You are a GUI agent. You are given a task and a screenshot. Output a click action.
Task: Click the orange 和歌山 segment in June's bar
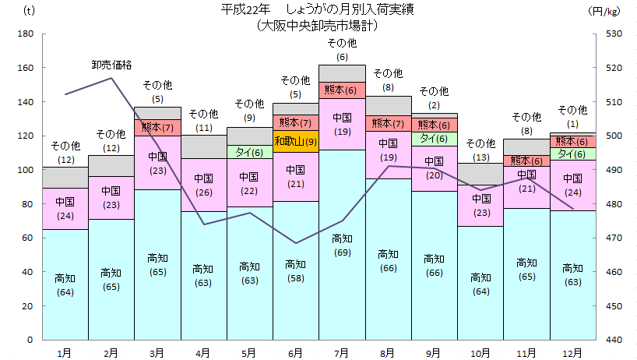pyautogui.click(x=295, y=141)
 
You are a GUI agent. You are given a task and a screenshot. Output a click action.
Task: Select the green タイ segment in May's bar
pyautogui.click(x=249, y=152)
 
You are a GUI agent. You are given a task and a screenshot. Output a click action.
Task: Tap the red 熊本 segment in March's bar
pyautogui.click(x=157, y=127)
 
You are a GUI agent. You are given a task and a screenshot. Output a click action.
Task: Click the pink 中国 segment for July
pyautogui.click(x=342, y=124)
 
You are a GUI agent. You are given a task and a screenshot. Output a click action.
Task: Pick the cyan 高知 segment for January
pyautogui.click(x=65, y=284)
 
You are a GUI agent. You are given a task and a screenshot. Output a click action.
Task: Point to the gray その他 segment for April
pyautogui.click(x=203, y=146)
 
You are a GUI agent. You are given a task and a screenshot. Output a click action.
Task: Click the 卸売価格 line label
pyautogui.click(x=111, y=64)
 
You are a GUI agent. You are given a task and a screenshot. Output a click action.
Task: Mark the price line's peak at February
pyautogui.click(x=111, y=78)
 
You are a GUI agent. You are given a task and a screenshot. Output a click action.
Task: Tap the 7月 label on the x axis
pyautogui.click(x=342, y=353)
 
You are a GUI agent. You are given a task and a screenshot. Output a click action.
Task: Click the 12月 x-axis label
pyautogui.click(x=572, y=353)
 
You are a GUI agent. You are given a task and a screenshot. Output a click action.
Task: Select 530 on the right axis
pyautogui.click(x=610, y=34)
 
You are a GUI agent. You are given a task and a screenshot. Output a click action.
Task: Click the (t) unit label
pyautogui.click(x=29, y=10)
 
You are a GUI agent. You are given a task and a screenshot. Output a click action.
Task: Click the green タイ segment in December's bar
pyautogui.click(x=572, y=154)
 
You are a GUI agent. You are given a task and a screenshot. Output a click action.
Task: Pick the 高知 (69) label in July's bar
pyautogui.click(x=342, y=245)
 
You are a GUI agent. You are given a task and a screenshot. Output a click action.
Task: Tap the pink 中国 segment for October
pyautogui.click(x=480, y=206)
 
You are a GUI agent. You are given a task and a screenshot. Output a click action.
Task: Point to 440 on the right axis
pyautogui.click(x=610, y=341)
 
